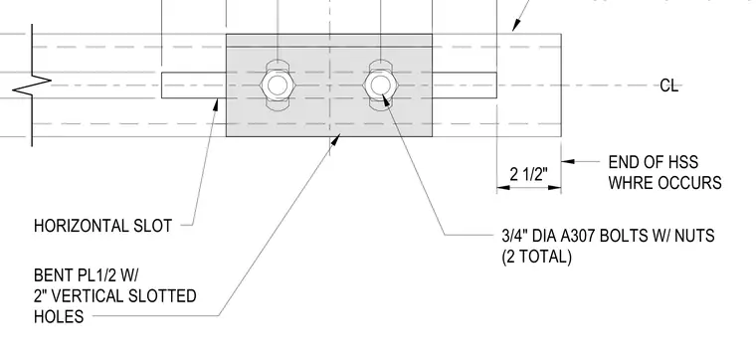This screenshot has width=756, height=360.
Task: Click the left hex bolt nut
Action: (x=278, y=86)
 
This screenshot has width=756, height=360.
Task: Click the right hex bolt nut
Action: (x=380, y=86)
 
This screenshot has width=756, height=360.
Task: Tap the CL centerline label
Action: (x=668, y=86)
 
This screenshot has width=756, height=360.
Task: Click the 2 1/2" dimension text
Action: (x=529, y=174)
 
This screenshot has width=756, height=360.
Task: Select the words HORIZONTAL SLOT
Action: (x=102, y=226)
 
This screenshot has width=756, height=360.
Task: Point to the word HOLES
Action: (x=59, y=316)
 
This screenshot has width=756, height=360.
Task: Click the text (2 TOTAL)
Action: (x=536, y=257)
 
